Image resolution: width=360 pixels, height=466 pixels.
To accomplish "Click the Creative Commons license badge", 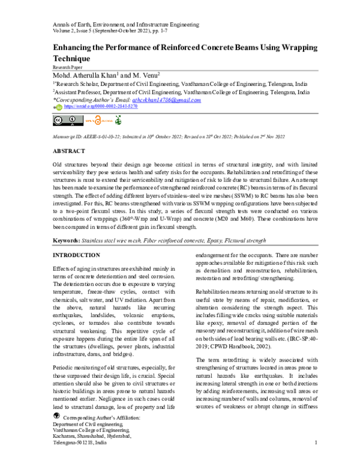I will click(x=65, y=121).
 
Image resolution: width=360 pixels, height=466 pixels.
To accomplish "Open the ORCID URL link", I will click(x=100, y=106).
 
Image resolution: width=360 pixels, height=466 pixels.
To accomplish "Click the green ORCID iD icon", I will click(x=58, y=107).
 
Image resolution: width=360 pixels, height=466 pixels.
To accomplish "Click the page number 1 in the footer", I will click(x=316, y=443).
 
